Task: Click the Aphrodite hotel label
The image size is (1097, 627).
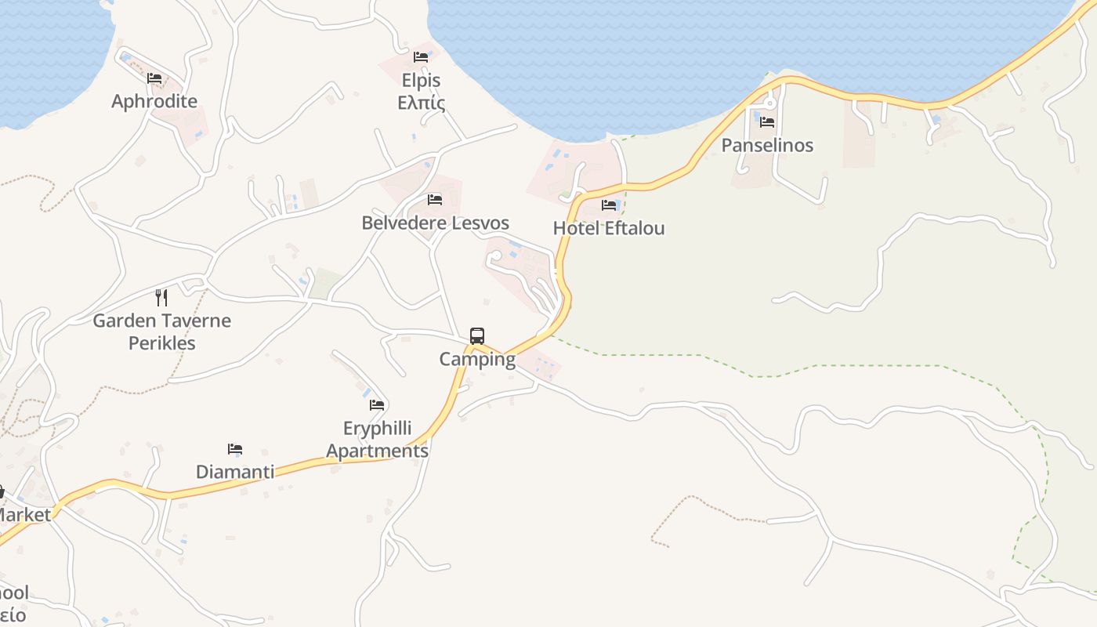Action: click(154, 101)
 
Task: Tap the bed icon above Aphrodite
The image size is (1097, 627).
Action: click(154, 78)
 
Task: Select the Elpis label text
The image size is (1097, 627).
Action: click(421, 81)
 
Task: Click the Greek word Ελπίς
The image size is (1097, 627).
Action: click(421, 103)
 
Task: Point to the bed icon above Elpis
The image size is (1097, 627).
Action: click(421, 57)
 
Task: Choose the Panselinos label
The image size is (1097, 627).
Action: click(767, 145)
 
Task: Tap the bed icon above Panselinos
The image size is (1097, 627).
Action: click(767, 122)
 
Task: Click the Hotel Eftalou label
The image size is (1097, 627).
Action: click(609, 228)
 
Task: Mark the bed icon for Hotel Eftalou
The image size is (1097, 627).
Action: click(609, 205)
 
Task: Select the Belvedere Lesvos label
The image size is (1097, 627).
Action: click(435, 223)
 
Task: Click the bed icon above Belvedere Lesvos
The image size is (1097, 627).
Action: click(435, 200)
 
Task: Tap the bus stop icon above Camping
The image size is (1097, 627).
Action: click(477, 336)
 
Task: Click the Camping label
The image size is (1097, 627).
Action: click(477, 360)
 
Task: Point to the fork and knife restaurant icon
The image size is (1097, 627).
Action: click(161, 297)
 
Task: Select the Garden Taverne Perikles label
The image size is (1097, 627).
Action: click(161, 332)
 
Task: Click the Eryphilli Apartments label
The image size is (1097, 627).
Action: click(378, 440)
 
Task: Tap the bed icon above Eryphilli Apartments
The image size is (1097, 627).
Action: click(378, 405)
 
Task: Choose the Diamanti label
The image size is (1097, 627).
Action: click(235, 472)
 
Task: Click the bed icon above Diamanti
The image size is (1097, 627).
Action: click(235, 449)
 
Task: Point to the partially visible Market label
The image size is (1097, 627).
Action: click(24, 515)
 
